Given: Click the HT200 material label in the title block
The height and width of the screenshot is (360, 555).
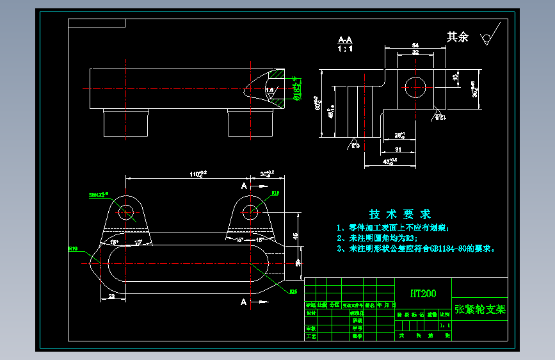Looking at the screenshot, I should [423, 293].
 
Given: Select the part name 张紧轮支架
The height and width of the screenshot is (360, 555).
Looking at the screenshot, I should [479, 309].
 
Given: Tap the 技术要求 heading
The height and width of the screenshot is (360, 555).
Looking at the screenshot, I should [400, 214].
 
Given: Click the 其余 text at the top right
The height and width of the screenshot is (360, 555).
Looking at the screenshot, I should [457, 37].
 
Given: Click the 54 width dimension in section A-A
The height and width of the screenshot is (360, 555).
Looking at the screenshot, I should [415, 45].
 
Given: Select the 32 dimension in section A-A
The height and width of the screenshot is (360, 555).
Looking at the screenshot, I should [415, 53].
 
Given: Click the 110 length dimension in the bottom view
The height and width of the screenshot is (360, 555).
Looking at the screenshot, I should [197, 174].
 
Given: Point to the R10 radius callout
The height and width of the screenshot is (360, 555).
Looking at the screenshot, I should [73, 248].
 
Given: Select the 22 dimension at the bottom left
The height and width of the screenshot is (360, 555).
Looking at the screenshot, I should [111, 296].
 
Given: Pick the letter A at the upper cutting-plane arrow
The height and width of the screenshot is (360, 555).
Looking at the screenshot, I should [243, 185].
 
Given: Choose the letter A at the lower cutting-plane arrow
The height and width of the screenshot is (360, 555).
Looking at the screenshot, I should [243, 301].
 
